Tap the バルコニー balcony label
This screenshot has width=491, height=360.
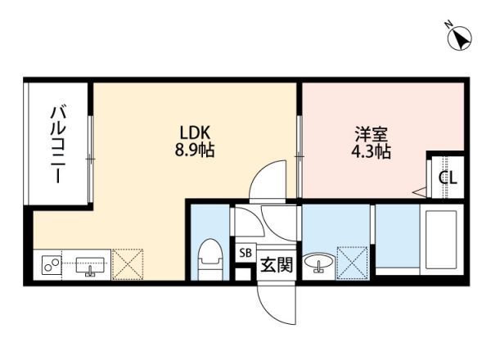point(59,143)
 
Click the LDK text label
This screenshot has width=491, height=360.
point(195,133)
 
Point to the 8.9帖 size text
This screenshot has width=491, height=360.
point(195,151)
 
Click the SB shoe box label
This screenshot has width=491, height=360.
point(245,253)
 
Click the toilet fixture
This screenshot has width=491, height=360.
point(211,258)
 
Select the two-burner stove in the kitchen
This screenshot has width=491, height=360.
point(52,266)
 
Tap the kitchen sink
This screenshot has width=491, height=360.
point(89,265)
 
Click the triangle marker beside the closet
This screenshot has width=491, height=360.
point(421,192)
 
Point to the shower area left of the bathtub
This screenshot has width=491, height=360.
point(396,237)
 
